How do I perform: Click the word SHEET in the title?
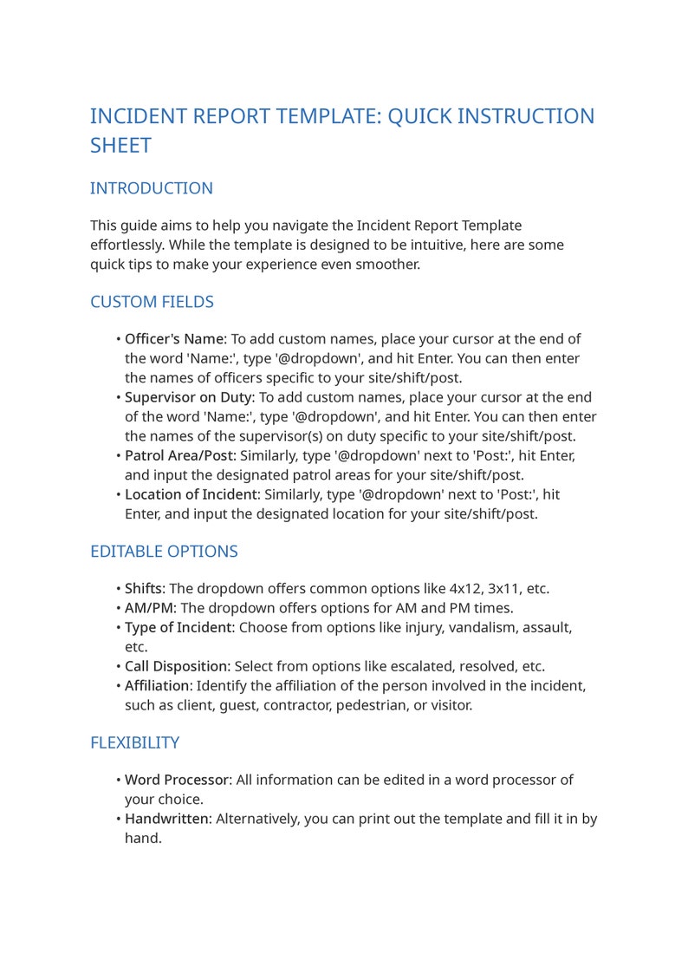tap(120, 146)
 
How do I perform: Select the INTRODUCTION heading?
tap(152, 188)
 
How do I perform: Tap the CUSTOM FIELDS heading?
tap(152, 302)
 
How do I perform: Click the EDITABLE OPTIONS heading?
tap(164, 552)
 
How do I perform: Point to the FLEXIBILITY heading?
tap(134, 742)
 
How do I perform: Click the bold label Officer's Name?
tap(174, 339)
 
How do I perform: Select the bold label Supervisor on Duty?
tap(189, 397)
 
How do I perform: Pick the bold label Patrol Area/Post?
tap(179, 455)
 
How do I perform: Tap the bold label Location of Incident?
tap(191, 494)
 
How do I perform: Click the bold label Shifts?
tap(145, 589)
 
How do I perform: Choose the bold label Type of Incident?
tap(178, 627)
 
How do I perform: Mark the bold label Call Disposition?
tap(177, 666)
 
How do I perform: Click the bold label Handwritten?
tap(167, 819)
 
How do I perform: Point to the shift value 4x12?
tap(466, 589)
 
